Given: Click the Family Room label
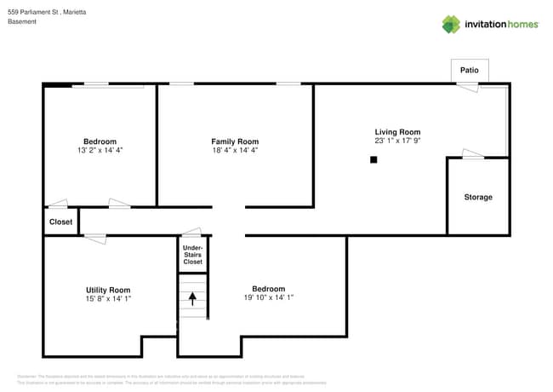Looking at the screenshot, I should pyautogui.click(x=235, y=141).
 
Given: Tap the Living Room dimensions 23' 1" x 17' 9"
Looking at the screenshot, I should pyautogui.click(x=397, y=141).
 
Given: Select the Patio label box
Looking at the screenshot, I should pyautogui.click(x=469, y=70).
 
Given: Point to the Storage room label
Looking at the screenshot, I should pyautogui.click(x=477, y=197).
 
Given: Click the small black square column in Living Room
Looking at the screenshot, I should pyautogui.click(x=373, y=159).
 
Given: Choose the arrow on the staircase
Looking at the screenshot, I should pyautogui.click(x=192, y=298).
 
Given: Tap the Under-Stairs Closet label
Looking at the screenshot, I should pyautogui.click(x=193, y=255).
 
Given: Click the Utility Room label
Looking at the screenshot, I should pyautogui.click(x=108, y=290).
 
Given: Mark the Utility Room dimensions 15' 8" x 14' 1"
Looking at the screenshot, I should pyautogui.click(x=108, y=299).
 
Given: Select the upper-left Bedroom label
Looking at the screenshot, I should pyautogui.click(x=100, y=141).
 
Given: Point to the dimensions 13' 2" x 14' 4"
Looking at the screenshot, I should pyautogui.click(x=100, y=151).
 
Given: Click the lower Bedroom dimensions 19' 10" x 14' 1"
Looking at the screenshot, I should pyautogui.click(x=268, y=298).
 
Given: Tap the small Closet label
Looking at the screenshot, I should pyautogui.click(x=60, y=222).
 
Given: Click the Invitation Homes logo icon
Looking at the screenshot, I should pyautogui.click(x=451, y=24).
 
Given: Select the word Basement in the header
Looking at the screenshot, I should pyautogui.click(x=22, y=22).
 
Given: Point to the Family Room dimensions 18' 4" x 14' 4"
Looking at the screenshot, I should pyautogui.click(x=235, y=151).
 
